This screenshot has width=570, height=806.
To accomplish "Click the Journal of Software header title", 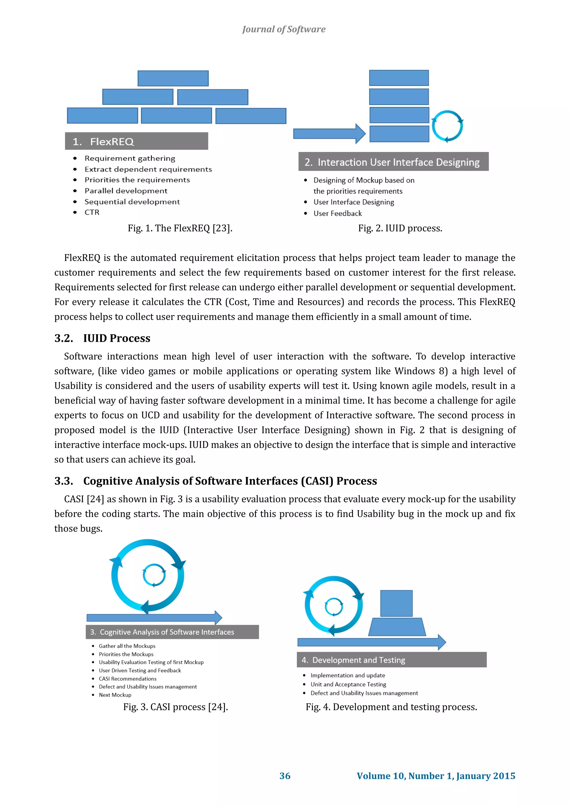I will (284, 29).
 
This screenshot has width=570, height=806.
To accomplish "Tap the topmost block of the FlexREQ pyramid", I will (173, 78).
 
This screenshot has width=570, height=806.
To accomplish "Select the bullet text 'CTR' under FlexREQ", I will (92, 212).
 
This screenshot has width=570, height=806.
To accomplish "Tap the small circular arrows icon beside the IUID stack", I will (447, 126).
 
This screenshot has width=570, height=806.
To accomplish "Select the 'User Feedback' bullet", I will (337, 213).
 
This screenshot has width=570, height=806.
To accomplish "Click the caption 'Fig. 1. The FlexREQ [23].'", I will (180, 228).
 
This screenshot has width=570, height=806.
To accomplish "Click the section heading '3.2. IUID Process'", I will (102, 338).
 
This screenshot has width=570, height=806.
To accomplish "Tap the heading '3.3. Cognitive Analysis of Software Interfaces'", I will (215, 481).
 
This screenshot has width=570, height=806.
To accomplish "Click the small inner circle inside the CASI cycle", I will (154, 575).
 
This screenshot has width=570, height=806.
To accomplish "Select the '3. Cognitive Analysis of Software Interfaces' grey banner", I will (172, 632).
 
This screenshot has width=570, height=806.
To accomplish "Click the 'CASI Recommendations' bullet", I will (127, 679).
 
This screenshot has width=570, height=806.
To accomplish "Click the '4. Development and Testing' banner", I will (391, 660).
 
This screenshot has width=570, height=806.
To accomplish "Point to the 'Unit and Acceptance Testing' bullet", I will (348, 684).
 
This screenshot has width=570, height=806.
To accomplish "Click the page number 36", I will (285, 776).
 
